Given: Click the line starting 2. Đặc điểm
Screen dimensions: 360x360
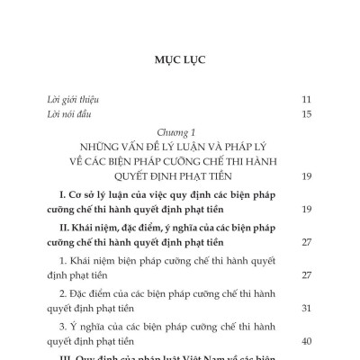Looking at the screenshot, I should [175, 292].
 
